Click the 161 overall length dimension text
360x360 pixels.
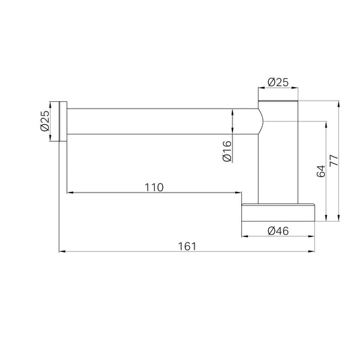point(187,247)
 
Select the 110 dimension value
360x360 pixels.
point(154,187)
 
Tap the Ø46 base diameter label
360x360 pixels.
point(278,231)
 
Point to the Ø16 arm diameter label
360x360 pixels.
point(227,151)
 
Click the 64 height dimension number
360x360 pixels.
point(321,171)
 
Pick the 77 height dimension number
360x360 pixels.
point(334,161)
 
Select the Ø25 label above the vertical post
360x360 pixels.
point(278,82)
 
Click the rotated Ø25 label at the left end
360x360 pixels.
point(45,121)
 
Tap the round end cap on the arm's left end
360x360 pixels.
point(63,121)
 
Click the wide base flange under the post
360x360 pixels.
point(278,212)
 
